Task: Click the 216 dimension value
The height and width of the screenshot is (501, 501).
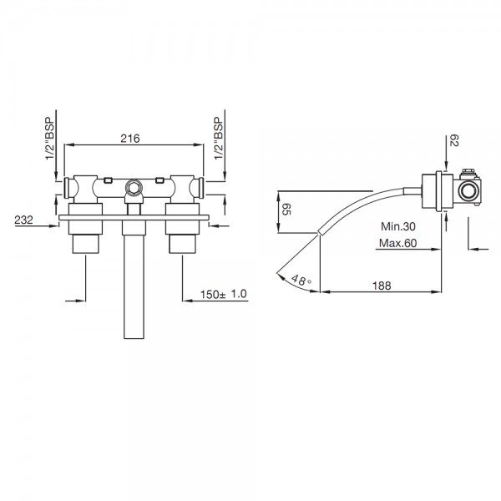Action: click(x=130, y=139)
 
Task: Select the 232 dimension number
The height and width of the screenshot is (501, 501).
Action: click(x=23, y=220)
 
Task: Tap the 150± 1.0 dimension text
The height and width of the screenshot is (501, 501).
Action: click(x=224, y=294)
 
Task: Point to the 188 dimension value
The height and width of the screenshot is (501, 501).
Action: click(x=382, y=286)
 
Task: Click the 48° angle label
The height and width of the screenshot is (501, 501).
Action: click(x=301, y=281)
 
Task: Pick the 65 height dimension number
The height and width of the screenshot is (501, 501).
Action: click(x=286, y=210)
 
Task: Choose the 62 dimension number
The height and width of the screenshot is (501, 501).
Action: click(x=453, y=140)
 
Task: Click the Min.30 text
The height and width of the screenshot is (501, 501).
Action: click(x=398, y=226)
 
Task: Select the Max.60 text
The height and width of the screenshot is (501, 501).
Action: click(x=398, y=243)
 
